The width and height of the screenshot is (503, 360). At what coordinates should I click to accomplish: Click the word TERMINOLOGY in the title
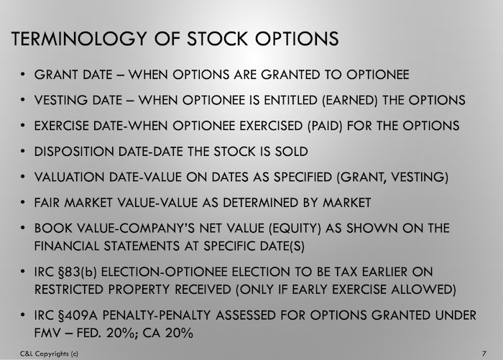click(79, 39)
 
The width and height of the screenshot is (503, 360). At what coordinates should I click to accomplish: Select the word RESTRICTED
click(69, 290)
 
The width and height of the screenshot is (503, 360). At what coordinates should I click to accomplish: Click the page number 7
click(484, 354)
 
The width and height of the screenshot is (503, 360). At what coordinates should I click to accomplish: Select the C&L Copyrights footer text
click(49, 354)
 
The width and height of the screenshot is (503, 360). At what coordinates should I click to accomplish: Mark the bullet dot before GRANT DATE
click(22, 74)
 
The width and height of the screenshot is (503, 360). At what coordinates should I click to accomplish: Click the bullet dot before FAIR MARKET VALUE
click(22, 203)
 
